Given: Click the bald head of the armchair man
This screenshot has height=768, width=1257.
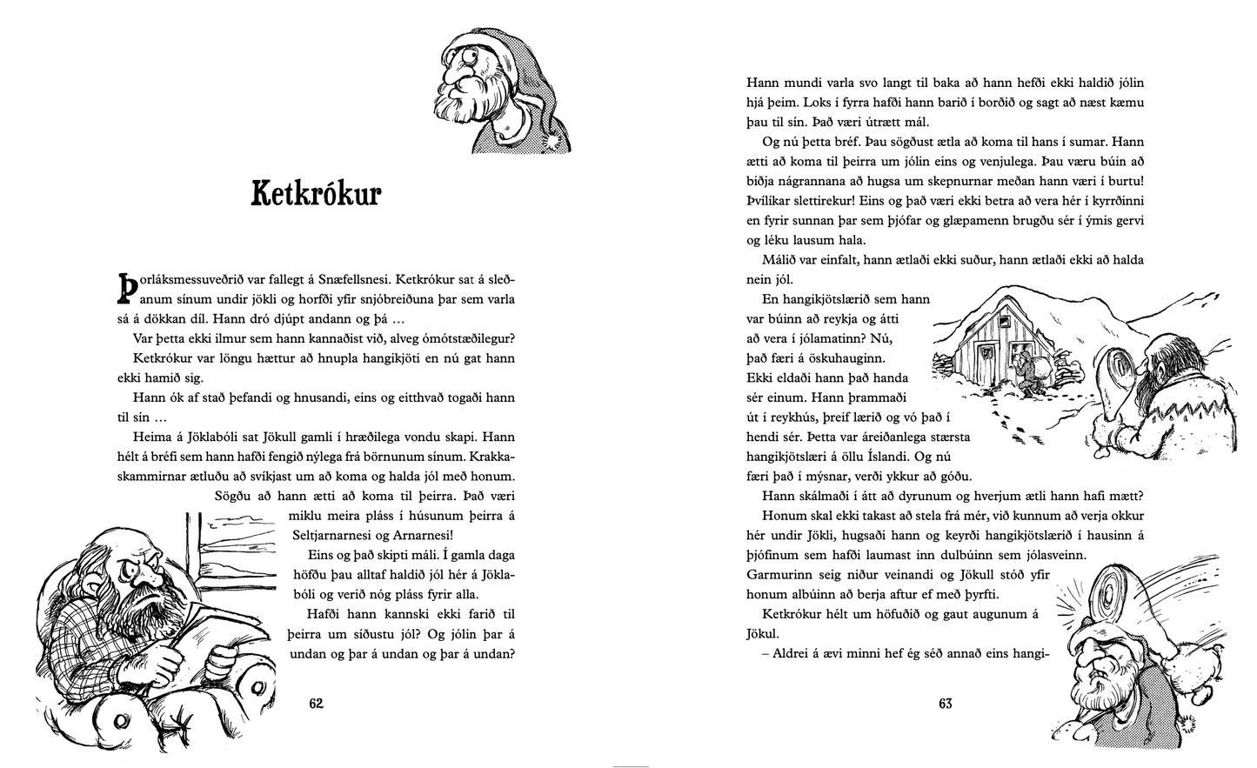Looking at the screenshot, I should click(x=122, y=544).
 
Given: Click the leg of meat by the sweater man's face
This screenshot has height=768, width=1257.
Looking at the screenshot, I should click(x=1117, y=365).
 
